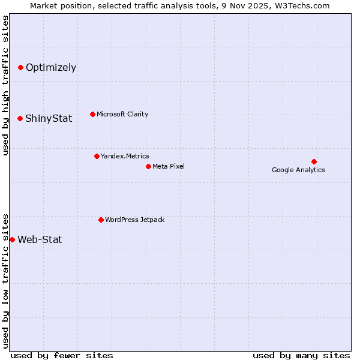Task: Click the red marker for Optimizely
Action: pyautogui.click(x=20, y=67)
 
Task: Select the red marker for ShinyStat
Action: pyautogui.click(x=20, y=118)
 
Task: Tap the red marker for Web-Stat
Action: pyautogui.click(x=12, y=239)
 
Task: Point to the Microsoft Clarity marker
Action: pyautogui.click(x=92, y=114)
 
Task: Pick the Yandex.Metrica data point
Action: pyautogui.click(x=97, y=156)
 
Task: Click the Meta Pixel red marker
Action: pyautogui.click(x=148, y=166)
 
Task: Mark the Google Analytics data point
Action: pyautogui.click(x=314, y=161)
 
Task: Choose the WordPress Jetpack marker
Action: pyautogui.click(x=101, y=220)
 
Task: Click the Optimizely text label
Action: pyautogui.click(x=51, y=67)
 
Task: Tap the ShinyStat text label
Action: pyautogui.click(x=49, y=118)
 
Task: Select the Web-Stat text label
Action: pyautogui.click(x=40, y=239)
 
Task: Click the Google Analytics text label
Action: pyautogui.click(x=298, y=170)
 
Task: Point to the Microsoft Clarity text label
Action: pyautogui.click(x=122, y=114)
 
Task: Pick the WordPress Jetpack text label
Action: pyautogui.click(x=134, y=220)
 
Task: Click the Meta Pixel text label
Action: pyautogui.click(x=169, y=166)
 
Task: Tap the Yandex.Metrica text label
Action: pyautogui.click(x=125, y=156)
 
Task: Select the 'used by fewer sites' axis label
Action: pyautogui.click(x=62, y=355)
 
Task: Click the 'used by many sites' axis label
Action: pyautogui.click(x=301, y=355)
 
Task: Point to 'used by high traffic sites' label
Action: pyautogui.click(x=5, y=85)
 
